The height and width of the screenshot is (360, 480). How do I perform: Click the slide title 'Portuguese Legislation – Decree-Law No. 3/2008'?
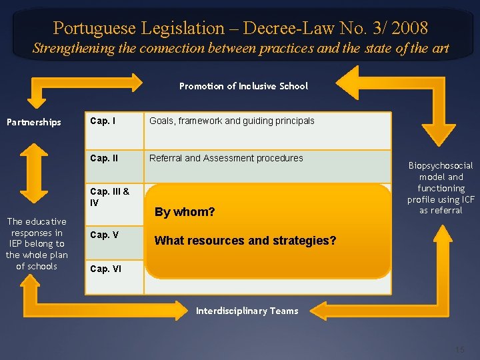[x=240, y=28]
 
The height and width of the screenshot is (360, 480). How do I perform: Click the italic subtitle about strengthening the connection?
[x=240, y=49]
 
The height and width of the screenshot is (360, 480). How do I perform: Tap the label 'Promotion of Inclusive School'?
[x=243, y=86]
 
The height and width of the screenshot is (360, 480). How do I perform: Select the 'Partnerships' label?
[x=33, y=122]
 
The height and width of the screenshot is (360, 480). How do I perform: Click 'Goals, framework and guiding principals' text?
[x=231, y=121]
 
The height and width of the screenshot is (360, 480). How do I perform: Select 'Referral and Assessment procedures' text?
[x=226, y=159]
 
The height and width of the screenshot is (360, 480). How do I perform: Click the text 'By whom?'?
[x=185, y=213]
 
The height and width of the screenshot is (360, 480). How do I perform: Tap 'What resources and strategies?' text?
[x=245, y=241]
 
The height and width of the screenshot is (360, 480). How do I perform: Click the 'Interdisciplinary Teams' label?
[x=247, y=311]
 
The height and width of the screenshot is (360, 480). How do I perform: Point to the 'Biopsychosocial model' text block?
[x=440, y=187]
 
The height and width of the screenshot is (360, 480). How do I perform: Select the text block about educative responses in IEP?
[x=37, y=243]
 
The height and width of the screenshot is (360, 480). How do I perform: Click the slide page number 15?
[x=459, y=350]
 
